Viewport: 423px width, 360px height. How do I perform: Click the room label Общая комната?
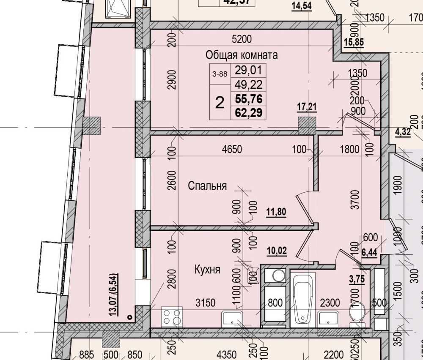[x=242, y=55]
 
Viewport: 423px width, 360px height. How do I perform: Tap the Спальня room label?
[x=207, y=185]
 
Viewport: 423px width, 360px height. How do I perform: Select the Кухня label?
[x=207, y=269]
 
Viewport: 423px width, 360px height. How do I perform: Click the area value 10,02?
[x=277, y=251]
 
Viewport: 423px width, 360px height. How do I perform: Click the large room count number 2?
[x=220, y=102]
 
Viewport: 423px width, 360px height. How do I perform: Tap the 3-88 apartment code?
[x=220, y=74]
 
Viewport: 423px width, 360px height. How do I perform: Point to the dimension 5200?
[x=242, y=39]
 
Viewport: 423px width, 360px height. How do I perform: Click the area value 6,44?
[x=369, y=253]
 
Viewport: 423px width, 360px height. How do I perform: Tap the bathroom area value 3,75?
[x=357, y=278]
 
